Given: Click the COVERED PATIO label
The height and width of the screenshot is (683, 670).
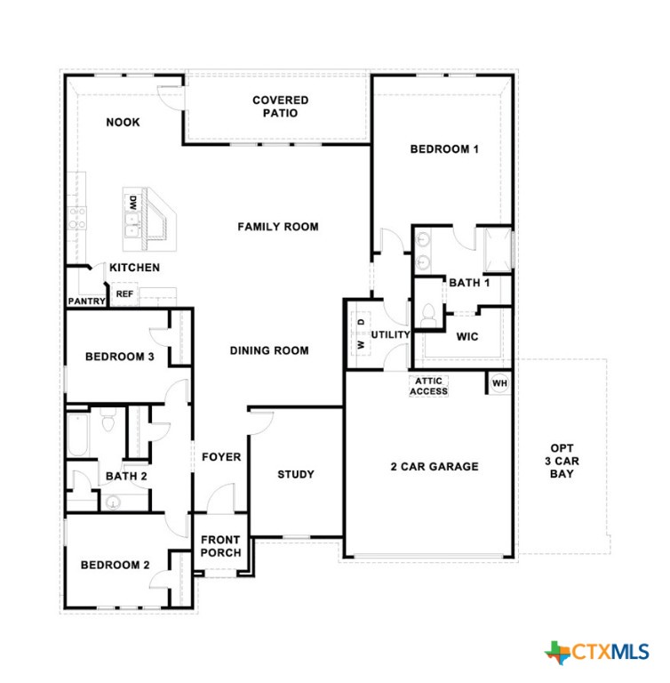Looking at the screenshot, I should click(280, 107).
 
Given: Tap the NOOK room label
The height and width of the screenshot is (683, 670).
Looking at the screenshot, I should click(123, 123).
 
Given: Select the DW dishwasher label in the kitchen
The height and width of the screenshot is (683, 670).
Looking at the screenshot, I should click(132, 202).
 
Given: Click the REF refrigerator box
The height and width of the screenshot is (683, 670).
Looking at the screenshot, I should click(124, 293).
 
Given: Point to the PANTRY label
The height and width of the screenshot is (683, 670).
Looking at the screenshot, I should click(86, 301).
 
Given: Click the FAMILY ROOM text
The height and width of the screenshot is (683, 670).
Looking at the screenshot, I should click(277, 227).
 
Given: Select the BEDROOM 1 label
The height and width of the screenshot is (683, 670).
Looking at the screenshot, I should click(443, 149).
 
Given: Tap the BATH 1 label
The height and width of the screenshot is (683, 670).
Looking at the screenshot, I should click(469, 283).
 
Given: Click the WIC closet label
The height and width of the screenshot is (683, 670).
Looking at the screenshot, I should click(467, 337).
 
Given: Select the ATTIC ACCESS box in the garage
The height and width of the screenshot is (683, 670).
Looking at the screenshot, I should click(428, 386).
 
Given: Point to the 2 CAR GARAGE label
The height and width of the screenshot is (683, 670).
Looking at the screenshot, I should click(435, 466).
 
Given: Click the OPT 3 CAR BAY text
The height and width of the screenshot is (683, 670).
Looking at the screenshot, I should click(561, 461).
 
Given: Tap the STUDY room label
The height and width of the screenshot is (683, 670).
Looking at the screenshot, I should click(295, 474).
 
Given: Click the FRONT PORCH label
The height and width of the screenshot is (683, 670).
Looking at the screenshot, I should click(220, 546).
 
